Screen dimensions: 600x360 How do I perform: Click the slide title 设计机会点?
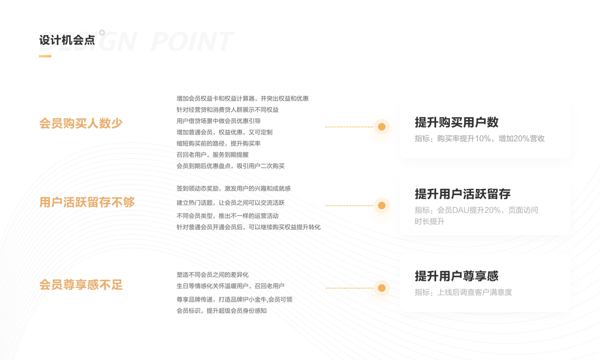(x=67, y=40)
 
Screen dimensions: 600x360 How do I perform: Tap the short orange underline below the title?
(x=45, y=56)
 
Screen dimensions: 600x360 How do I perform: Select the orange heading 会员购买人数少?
(x=80, y=124)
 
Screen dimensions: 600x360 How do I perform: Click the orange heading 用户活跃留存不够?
(x=87, y=203)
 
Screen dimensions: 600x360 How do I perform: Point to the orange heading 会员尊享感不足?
(x=80, y=285)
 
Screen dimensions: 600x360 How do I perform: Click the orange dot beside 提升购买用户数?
(x=382, y=127)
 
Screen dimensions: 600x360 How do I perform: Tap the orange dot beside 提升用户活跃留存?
(x=382, y=205)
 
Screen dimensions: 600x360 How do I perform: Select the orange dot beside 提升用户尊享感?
(x=382, y=288)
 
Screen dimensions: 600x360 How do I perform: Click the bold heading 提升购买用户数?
(x=457, y=122)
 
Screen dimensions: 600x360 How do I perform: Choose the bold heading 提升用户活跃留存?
(x=463, y=194)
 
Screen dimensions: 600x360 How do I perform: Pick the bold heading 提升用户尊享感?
(x=457, y=276)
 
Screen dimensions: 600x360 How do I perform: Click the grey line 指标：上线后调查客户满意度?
(x=463, y=292)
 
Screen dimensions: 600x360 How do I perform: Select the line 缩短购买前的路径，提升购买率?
(x=218, y=143)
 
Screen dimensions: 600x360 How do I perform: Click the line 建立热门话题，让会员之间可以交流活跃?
(x=230, y=203)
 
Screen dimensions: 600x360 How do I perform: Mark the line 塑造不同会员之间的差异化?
(x=212, y=275)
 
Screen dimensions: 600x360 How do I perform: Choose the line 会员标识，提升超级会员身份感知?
(x=221, y=311)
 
